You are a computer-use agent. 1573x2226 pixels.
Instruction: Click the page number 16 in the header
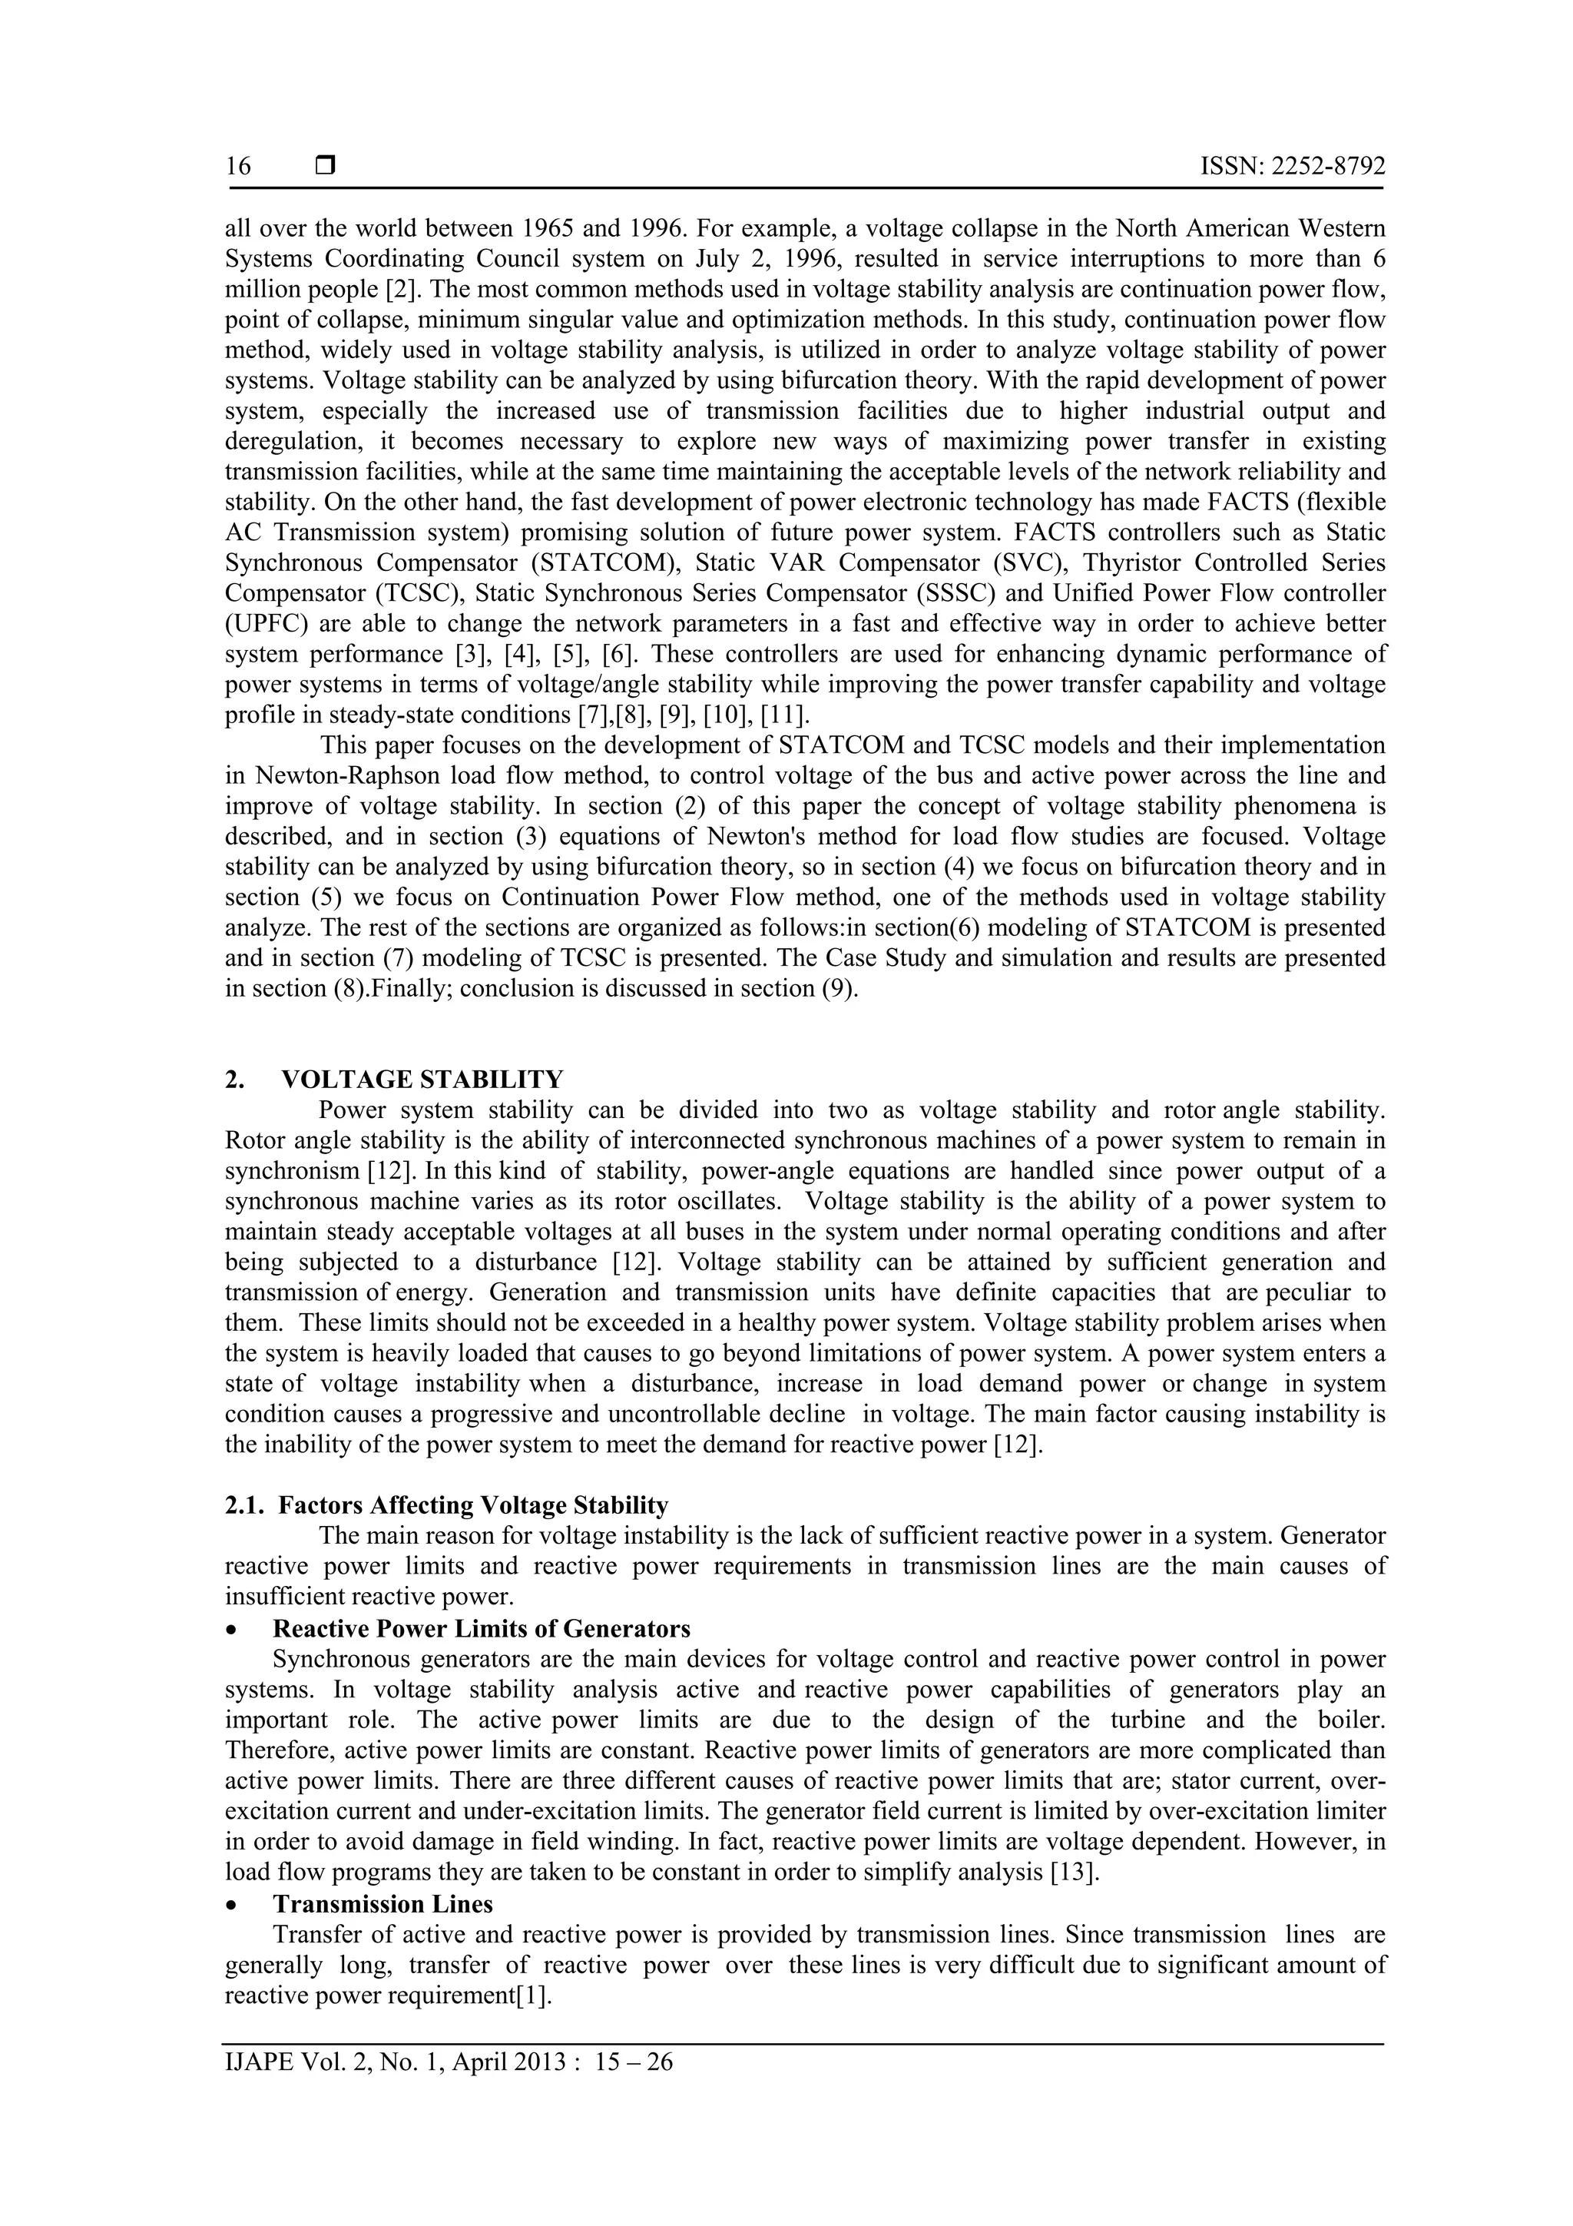point(237,167)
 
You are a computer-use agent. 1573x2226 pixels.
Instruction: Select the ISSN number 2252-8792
point(1326,167)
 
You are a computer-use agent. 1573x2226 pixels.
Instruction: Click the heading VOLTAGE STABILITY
point(422,1079)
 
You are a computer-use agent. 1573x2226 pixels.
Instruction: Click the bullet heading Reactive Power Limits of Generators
point(481,1627)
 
